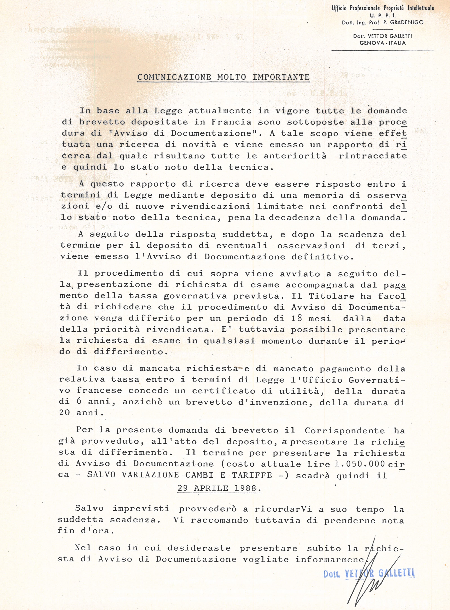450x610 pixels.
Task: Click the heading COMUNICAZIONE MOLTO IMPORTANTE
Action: (223, 77)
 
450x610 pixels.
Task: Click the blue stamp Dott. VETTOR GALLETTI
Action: (369, 574)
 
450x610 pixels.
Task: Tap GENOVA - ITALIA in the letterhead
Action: (382, 43)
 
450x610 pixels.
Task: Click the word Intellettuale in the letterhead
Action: (421, 8)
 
